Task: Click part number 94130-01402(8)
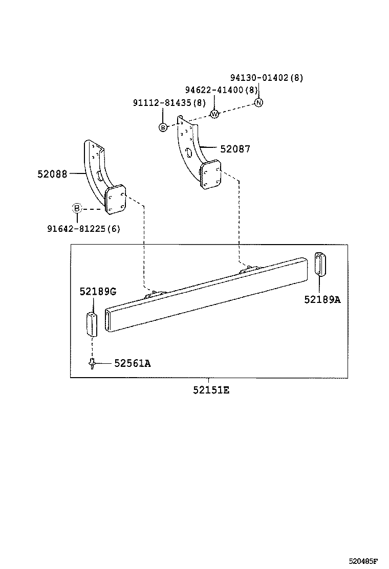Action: click(266, 78)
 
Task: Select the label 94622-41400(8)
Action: click(222, 90)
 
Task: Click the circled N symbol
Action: click(259, 103)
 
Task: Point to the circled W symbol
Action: click(215, 114)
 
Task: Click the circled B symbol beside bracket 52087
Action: click(163, 127)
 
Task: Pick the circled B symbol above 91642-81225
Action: click(76, 208)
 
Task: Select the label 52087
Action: click(235, 149)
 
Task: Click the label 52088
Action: click(52, 174)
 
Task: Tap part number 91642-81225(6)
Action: click(84, 229)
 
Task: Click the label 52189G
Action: click(97, 291)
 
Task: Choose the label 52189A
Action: click(322, 299)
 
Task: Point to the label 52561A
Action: click(132, 363)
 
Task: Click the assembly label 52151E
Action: click(211, 390)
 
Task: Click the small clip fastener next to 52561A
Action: click(92, 363)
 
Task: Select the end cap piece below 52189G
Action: click(92, 323)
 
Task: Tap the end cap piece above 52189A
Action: click(319, 264)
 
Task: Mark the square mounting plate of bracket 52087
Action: click(210, 174)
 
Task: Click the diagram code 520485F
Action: click(366, 560)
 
